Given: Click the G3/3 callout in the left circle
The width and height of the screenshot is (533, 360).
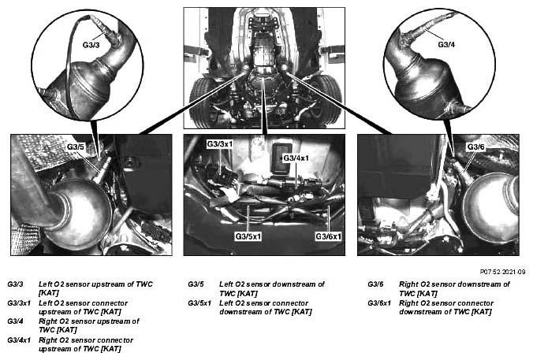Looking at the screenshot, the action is tap(91, 44).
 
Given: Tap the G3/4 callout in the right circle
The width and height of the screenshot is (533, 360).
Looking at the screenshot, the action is tap(446, 44).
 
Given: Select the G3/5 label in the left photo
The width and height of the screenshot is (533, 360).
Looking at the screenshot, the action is tap(75, 147).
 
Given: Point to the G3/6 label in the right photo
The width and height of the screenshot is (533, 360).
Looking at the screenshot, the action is tap(476, 147).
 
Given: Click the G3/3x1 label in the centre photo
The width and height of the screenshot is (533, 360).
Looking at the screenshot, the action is tap(220, 144).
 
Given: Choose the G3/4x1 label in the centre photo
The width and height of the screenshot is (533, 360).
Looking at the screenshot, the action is tap(296, 158).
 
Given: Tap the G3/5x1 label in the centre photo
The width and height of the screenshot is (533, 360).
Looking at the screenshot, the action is tap(248, 236).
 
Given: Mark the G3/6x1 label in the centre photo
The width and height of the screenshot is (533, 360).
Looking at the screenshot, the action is tap(328, 236).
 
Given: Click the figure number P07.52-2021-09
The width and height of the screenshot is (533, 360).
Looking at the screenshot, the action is tap(502, 272).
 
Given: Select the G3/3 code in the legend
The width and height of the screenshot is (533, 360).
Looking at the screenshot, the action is tap(15, 284).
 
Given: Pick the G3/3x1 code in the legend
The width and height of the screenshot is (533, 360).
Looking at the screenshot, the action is tap(19, 302).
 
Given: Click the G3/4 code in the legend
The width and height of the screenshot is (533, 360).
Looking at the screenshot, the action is tap(15, 321).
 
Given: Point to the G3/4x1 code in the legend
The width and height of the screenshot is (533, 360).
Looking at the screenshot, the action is tap(19, 340).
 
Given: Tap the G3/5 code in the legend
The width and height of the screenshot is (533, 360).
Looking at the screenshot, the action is tap(196, 284).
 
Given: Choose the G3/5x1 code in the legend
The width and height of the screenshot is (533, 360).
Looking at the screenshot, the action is tap(199, 302).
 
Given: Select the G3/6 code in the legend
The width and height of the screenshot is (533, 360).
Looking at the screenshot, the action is tap(375, 284).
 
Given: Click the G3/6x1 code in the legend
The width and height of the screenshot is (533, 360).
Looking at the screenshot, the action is tap(379, 302).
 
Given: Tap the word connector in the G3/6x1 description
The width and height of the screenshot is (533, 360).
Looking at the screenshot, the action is tap(476, 303).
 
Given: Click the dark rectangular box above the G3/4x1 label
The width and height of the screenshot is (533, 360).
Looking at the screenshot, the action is tap(281, 158).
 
